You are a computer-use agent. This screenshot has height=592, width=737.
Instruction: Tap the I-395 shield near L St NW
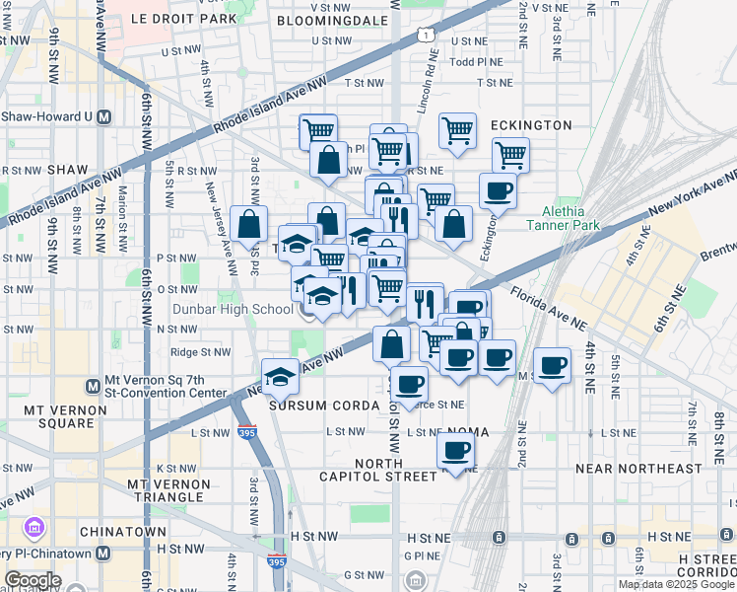click(246, 432)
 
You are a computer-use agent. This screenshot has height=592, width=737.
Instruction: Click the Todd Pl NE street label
click(476, 61)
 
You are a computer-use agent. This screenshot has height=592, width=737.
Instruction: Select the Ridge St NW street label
click(201, 351)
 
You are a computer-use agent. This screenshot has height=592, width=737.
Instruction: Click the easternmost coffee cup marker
click(552, 364)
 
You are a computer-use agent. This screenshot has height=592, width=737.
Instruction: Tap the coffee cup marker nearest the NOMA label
click(455, 451)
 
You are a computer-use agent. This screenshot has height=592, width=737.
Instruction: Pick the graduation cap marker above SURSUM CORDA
click(280, 376)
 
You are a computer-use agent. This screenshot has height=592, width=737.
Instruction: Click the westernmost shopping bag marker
click(249, 223)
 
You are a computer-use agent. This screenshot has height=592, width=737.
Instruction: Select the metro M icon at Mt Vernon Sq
click(93, 386)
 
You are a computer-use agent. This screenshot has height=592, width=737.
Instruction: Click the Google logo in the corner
click(32, 580)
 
